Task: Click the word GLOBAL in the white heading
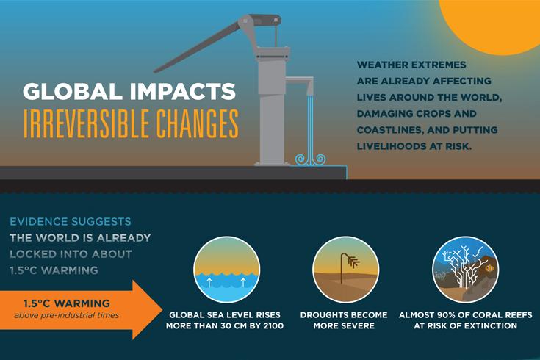click(x=68, y=93)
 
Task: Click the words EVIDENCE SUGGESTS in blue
click(x=71, y=221)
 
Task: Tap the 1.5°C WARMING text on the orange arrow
click(x=66, y=303)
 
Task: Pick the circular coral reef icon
click(x=463, y=267)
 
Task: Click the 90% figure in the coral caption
click(x=455, y=314)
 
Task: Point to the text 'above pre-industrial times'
click(x=66, y=316)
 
